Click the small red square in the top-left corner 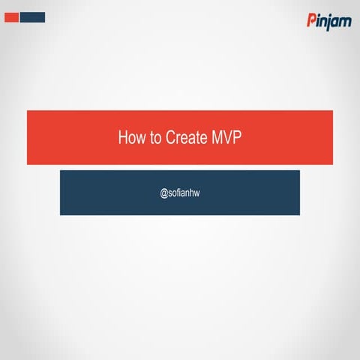pos(11,17)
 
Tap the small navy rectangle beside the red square pos(32,17)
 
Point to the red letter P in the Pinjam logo pos(311,20)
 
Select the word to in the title pos(154,138)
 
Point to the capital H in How pos(122,138)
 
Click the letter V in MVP pos(228,138)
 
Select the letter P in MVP pos(237,138)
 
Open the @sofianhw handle pos(179,193)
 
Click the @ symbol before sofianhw pos(163,193)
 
